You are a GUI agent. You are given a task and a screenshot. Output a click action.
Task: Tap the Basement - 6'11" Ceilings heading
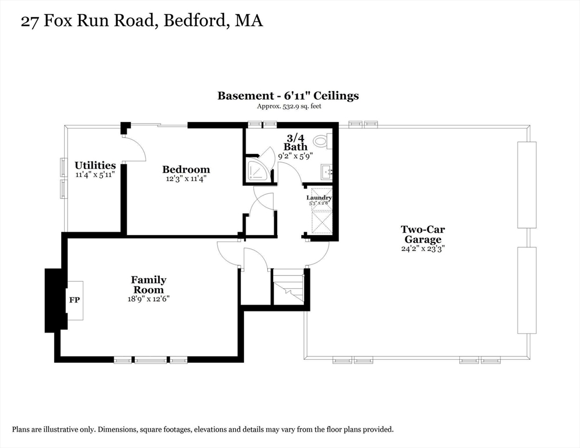coord(288,96)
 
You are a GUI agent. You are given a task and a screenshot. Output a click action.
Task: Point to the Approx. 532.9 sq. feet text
coord(289,106)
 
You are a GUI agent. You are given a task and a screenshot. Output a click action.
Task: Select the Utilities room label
coord(95,166)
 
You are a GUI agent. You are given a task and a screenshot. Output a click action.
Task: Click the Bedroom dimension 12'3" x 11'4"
coord(186,179)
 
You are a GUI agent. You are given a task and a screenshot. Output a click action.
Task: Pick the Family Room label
coord(148,285)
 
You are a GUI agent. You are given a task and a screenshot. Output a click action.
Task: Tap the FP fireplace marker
coord(74,300)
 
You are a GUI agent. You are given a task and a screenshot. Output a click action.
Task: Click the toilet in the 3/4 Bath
coord(322,141)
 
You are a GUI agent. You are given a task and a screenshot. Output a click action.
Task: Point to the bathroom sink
coord(326,171)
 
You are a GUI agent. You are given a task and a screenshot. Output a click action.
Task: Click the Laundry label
coord(319,198)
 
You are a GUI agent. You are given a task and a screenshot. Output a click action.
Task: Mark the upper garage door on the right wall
coord(526,184)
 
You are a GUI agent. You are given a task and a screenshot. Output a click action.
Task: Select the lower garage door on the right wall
coord(526,290)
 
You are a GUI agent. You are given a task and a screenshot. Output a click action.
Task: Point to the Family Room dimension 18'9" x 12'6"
coord(148,299)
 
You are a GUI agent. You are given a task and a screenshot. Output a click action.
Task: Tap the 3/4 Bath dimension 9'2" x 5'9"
coord(295,156)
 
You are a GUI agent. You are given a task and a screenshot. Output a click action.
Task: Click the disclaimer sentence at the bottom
coord(202,429)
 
